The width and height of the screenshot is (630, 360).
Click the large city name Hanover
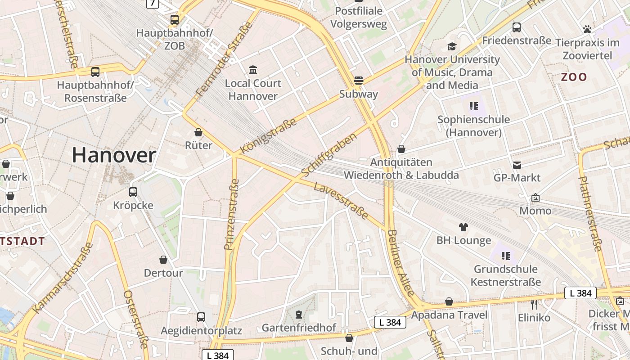(114, 156)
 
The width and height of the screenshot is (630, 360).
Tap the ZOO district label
(574, 77)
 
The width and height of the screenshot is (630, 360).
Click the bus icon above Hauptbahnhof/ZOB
(175, 20)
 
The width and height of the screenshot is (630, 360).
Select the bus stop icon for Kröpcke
(133, 192)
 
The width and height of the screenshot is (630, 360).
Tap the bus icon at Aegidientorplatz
(201, 317)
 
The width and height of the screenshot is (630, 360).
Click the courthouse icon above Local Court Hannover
(253, 70)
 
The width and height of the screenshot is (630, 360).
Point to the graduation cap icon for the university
(452, 46)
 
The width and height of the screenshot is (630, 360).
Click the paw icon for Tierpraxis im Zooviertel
(587, 30)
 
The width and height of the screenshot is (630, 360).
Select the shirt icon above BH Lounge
(463, 227)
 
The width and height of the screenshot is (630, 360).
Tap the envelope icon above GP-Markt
(517, 165)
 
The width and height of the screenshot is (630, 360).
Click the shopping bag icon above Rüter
(198, 132)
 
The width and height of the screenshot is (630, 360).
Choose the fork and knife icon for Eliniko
(534, 305)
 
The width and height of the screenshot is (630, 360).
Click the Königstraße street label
(269, 136)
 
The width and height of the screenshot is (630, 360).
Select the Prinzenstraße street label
(232, 214)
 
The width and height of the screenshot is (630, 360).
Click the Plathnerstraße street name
(590, 214)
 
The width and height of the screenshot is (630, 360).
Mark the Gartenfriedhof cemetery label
(299, 328)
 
